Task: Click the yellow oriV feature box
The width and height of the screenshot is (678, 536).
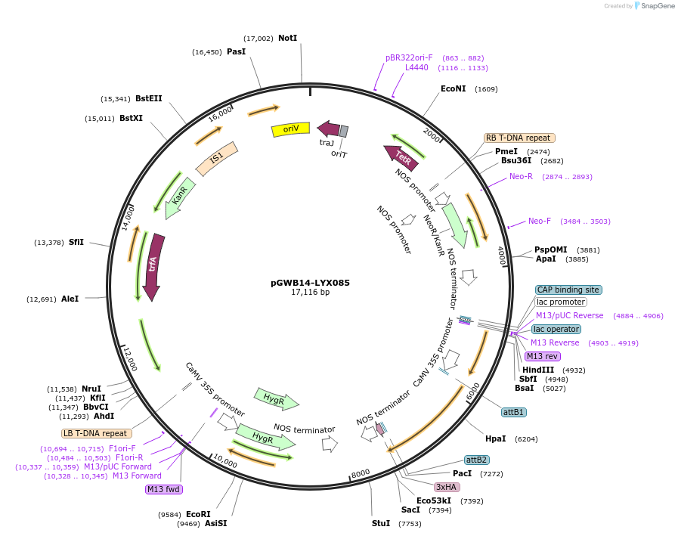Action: point(290,129)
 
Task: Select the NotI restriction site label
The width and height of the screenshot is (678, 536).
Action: point(287,38)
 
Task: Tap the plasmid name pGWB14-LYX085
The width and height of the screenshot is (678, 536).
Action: point(310,283)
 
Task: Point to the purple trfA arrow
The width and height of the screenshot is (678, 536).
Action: point(153,266)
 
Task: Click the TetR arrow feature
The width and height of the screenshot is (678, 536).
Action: point(401,157)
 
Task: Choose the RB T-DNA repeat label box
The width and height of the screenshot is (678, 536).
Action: point(519,138)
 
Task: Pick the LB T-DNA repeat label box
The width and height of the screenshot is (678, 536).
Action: point(97,433)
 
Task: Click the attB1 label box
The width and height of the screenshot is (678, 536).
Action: point(514,412)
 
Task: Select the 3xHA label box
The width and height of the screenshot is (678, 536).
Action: point(446,487)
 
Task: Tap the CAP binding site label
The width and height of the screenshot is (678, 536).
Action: point(568,290)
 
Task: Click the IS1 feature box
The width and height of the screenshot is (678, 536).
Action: point(217,158)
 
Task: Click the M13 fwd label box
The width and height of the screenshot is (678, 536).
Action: point(164,489)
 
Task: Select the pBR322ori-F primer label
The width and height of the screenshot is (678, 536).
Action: point(409,57)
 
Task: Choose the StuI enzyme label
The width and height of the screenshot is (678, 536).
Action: point(381,523)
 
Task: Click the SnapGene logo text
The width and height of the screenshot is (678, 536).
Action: point(656,6)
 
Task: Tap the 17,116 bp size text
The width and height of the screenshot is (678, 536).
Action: point(310,293)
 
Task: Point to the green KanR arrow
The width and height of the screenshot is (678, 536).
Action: point(180,198)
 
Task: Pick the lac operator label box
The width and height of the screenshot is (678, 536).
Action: point(556,329)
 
